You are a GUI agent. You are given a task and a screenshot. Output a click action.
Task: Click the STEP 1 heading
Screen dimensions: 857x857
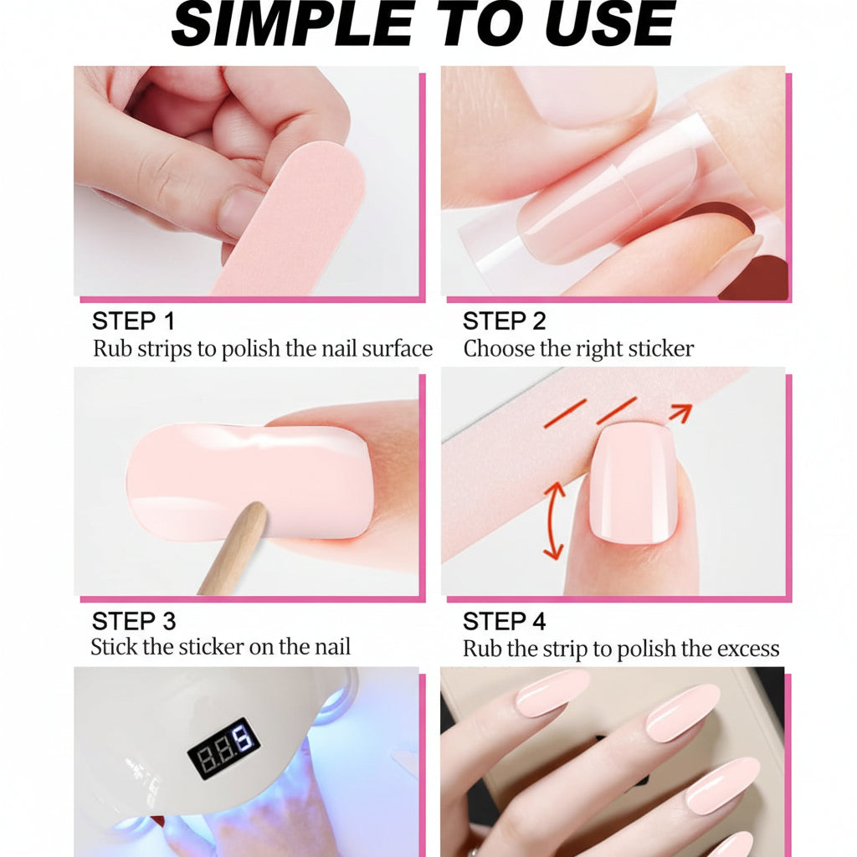coord(133,321)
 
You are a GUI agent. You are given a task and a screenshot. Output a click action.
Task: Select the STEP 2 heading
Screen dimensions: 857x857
coord(504,321)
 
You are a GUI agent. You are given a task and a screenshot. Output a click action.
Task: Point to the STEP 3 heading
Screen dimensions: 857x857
coord(133,622)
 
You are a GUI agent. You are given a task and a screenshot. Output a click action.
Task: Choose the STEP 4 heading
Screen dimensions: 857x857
coord(504,622)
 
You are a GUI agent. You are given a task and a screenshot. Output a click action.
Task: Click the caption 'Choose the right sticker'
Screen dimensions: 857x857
coord(578,349)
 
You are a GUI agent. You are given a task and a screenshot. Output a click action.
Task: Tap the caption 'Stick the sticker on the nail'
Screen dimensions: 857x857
coord(220,647)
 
